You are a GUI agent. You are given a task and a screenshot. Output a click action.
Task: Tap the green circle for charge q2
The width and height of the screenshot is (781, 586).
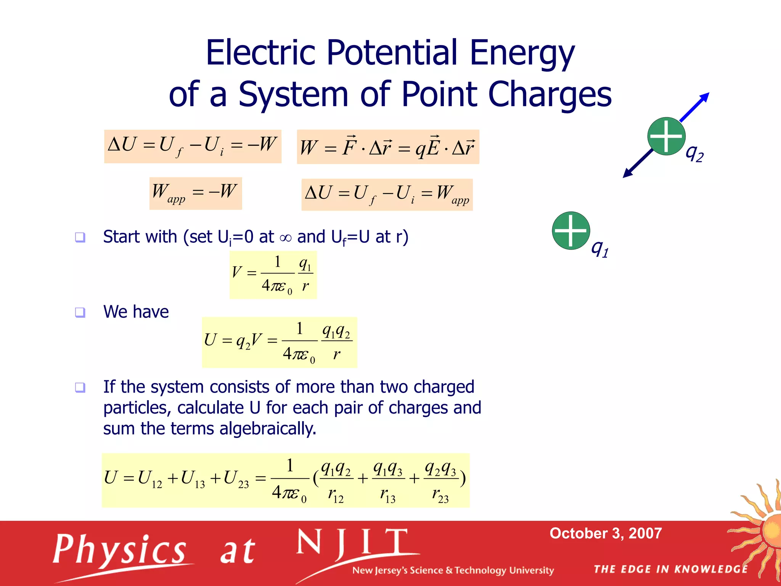pyautogui.click(x=666, y=136)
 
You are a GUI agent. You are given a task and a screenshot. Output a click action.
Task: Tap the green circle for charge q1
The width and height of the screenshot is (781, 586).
pyautogui.click(x=571, y=231)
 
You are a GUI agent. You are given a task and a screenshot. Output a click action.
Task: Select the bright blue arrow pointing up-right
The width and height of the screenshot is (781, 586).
pyautogui.click(x=695, y=106)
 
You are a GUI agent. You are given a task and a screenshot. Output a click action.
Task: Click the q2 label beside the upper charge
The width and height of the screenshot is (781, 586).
pyautogui.click(x=694, y=154)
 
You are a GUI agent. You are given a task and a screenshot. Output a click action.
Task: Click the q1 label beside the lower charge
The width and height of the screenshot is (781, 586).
pyautogui.click(x=599, y=248)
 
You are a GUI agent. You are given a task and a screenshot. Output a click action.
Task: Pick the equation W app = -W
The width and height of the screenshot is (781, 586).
pyautogui.click(x=195, y=193)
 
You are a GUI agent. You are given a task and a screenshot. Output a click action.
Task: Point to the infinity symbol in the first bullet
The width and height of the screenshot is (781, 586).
pyautogui.click(x=285, y=238)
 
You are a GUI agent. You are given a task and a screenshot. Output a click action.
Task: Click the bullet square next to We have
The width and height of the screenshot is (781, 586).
pyautogui.click(x=80, y=312)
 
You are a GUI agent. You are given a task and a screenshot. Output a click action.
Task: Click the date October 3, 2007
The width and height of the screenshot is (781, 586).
pyautogui.click(x=605, y=533)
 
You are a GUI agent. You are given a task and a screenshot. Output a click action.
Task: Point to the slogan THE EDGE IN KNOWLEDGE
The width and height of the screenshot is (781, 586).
pyautogui.click(x=670, y=569)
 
